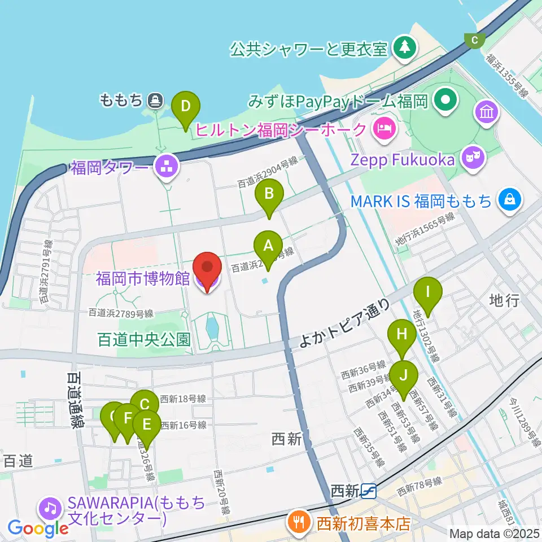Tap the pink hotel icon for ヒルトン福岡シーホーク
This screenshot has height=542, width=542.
[x=384, y=127]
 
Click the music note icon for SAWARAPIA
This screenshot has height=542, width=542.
[x=50, y=509]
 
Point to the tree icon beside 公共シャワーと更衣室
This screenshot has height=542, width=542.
[x=404, y=47]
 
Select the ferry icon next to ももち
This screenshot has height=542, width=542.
[x=155, y=101]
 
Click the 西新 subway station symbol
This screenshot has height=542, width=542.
[x=369, y=492]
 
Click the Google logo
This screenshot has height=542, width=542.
[x=38, y=528]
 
